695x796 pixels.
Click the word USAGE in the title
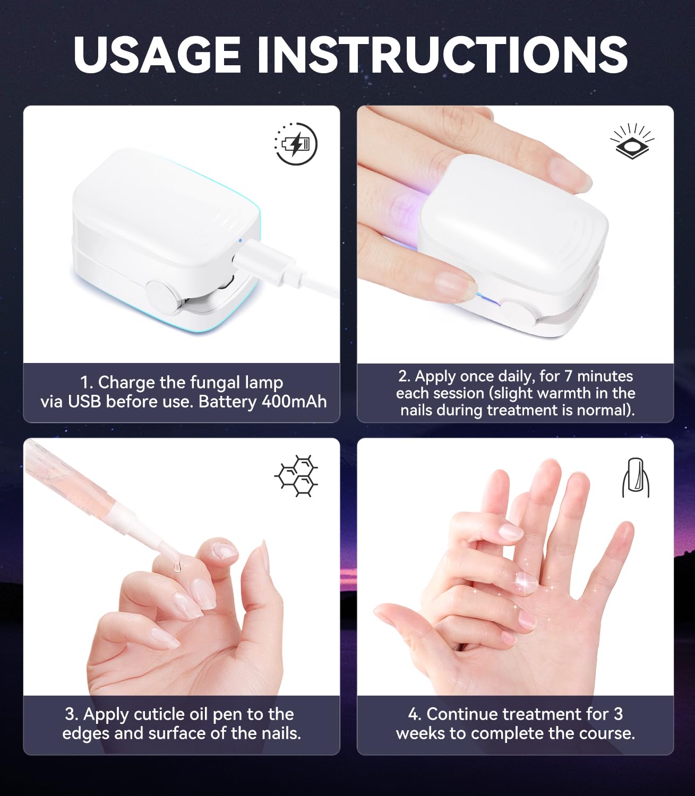click(x=157, y=55)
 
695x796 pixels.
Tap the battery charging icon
click(x=296, y=144)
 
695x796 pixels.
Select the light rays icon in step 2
click(x=632, y=141)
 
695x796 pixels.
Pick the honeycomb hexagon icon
click(x=296, y=476)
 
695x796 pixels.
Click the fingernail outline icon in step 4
click(x=636, y=478)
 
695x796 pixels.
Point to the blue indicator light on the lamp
click(x=240, y=240)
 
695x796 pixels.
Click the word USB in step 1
click(x=84, y=402)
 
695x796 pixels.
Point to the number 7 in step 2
click(x=569, y=376)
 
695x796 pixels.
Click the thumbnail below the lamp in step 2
click(x=456, y=283)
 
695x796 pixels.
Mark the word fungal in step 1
click(x=216, y=383)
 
